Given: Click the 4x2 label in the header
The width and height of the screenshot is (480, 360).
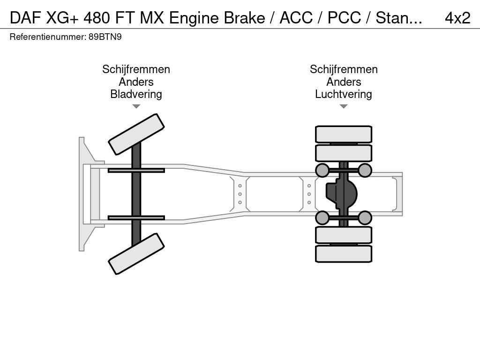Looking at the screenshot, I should click(x=457, y=18).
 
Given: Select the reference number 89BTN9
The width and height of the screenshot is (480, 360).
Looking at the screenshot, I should click(x=105, y=37).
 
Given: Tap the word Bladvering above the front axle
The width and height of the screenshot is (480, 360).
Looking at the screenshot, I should click(x=136, y=94).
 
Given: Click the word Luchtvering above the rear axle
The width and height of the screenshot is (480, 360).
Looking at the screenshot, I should click(x=343, y=94).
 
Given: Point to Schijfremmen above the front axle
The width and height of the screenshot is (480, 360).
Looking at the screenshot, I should click(x=136, y=69).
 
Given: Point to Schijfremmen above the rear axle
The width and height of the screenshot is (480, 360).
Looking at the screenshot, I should click(x=343, y=69).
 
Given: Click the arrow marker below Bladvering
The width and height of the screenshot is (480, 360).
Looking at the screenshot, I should click(x=136, y=106).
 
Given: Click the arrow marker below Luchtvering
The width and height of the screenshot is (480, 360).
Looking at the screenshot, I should click(x=343, y=106).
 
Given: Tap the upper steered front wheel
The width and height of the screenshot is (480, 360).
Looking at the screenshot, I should click(x=136, y=134).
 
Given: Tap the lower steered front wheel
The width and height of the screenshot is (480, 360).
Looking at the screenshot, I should click(x=136, y=254).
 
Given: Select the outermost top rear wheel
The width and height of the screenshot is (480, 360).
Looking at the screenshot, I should click(x=344, y=135).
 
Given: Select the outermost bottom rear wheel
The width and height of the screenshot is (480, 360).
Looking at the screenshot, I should click(x=344, y=254).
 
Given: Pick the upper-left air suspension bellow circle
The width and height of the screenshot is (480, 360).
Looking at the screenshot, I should click(x=322, y=170).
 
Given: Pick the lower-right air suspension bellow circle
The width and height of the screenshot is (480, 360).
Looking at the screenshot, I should click(x=365, y=217).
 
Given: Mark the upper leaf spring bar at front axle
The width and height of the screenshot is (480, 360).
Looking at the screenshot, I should click(x=136, y=170).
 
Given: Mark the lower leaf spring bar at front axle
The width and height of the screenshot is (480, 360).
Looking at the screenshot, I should click(x=136, y=217).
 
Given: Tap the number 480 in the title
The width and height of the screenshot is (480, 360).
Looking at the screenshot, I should click(x=97, y=18).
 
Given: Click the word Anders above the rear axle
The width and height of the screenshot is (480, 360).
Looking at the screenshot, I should click(x=343, y=82).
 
